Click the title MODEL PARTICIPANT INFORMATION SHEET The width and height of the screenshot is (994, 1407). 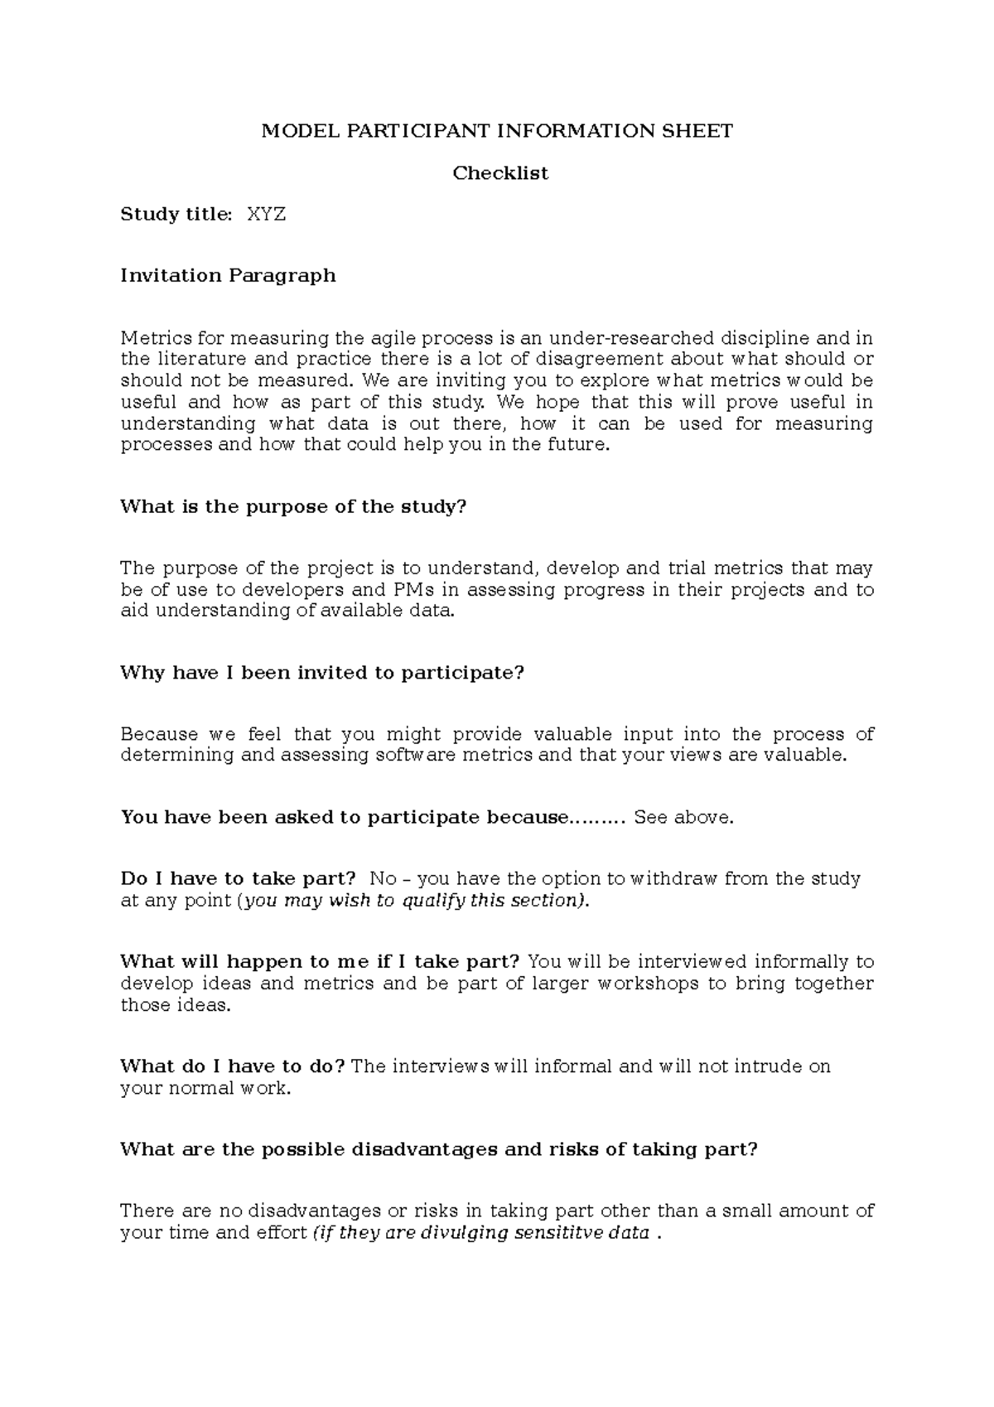tap(497, 131)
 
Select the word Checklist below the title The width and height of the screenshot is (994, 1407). tap(499, 173)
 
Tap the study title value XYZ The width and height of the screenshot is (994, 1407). tap(266, 215)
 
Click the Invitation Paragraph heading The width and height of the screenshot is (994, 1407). tap(228, 275)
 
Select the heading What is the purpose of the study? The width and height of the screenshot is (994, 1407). tap(293, 506)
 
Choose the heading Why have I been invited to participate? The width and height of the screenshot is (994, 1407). tap(322, 672)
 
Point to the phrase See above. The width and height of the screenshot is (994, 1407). tap(683, 818)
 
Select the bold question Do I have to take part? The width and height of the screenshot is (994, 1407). tap(238, 878)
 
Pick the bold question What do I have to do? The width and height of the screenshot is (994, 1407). tap(232, 1066)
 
